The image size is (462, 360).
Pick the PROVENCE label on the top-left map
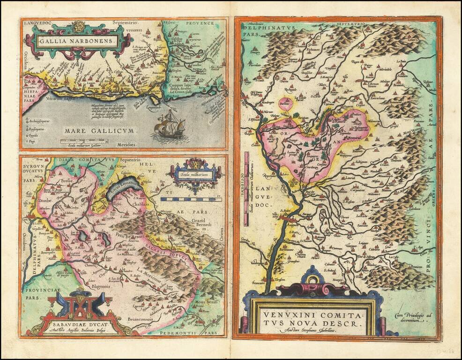(x=199, y=23)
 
